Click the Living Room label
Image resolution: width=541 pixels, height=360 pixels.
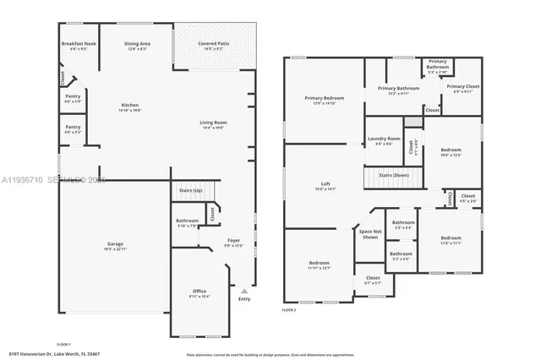[213, 125]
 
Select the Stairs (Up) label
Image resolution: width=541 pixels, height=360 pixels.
[190, 191]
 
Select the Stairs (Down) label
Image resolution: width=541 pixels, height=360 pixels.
[394, 174]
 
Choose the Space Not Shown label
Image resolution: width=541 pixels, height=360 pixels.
[369, 234]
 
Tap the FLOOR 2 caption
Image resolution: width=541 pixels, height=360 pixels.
[291, 311]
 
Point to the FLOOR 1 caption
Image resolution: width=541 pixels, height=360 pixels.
[63, 345]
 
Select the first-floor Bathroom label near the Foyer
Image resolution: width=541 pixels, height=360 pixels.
[187, 222]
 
